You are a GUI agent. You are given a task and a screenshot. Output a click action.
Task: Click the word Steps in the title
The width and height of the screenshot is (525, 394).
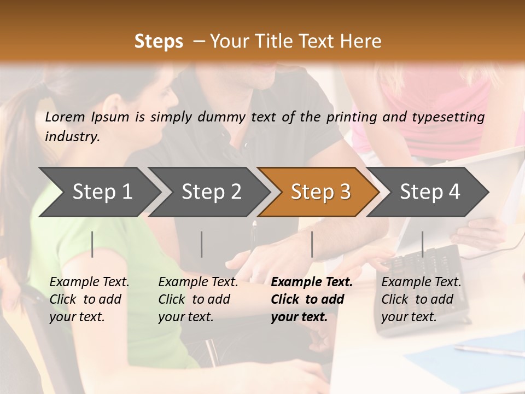159,42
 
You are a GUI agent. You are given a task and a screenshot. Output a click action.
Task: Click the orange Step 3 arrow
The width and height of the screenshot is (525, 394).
320,192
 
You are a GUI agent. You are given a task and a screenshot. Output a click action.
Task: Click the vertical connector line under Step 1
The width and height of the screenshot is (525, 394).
92,244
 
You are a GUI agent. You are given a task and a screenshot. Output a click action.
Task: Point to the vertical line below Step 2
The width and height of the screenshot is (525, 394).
202,244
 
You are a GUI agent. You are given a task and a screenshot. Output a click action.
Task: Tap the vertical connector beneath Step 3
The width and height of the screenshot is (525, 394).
312,244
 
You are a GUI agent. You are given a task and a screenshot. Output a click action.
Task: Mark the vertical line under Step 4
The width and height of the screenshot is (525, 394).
422,244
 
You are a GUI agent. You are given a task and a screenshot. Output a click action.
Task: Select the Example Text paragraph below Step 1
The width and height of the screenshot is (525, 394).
89,299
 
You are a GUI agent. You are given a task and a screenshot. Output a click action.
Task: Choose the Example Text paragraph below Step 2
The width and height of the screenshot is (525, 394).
198,299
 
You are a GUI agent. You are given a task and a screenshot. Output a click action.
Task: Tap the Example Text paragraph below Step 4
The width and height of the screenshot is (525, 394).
421,299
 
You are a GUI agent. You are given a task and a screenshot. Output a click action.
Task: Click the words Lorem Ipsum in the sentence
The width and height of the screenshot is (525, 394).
87,117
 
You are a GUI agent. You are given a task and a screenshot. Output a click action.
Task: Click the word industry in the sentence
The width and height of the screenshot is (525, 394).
72,136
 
